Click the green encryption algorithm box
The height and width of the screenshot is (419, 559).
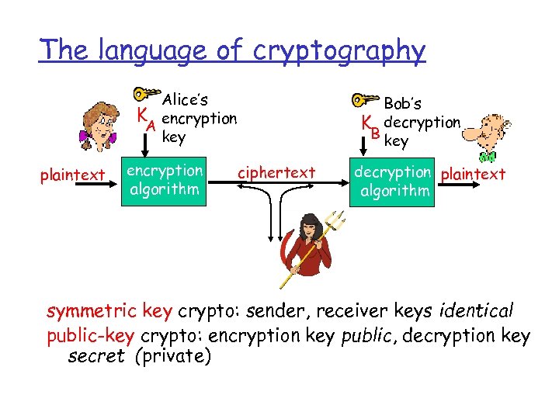pyautogui.click(x=165, y=180)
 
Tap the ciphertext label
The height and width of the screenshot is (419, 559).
pyautogui.click(x=276, y=171)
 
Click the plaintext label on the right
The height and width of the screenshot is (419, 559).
pyautogui.click(x=473, y=174)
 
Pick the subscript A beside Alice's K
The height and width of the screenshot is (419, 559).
pyautogui.click(x=153, y=126)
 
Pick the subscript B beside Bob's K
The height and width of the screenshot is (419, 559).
pyautogui.click(x=375, y=133)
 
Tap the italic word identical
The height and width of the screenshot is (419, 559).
pyautogui.click(x=476, y=311)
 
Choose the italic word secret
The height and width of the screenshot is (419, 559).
pyautogui.click(x=96, y=356)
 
